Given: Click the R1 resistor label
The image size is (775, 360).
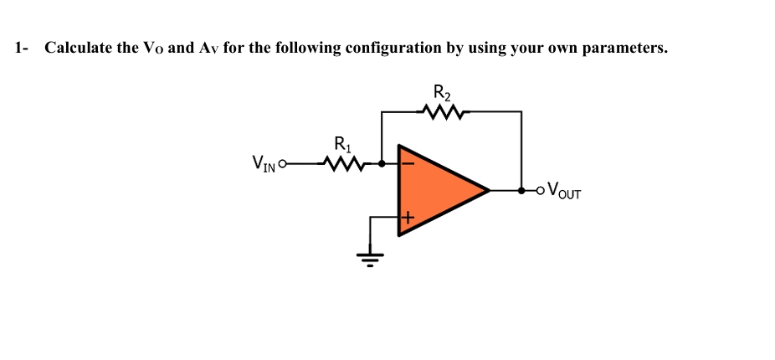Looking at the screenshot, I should pos(342,143).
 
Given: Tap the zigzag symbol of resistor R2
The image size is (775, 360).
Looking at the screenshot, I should pos(440,111).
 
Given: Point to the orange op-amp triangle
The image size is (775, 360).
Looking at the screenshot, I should pos(436,189).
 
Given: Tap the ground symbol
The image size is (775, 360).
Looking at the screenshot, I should pos(372,256).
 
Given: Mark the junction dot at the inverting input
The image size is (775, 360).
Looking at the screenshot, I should pos(382,163).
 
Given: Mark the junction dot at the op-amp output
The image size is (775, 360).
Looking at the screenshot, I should pos(521,190).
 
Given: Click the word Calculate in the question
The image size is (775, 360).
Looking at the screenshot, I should pos(79,48).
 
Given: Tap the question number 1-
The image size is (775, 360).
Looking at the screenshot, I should pos(21,48).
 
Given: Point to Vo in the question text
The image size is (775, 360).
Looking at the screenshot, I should pos(152,48).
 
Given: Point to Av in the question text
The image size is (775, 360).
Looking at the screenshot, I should pos(208,48).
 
